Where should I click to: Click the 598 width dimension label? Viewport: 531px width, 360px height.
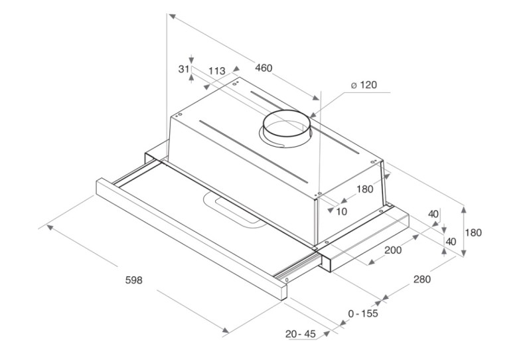click(134, 280)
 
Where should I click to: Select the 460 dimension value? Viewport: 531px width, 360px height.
click(264, 68)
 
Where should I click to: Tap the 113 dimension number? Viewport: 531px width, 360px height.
click(217, 71)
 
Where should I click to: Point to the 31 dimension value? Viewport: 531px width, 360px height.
click(184, 69)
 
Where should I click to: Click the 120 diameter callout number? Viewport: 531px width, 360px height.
click(368, 85)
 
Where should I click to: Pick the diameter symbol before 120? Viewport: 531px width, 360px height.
click(354, 85)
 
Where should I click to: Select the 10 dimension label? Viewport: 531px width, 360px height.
click(342, 211)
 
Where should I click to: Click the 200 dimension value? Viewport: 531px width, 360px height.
click(393, 250)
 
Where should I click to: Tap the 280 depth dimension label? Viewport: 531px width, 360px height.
click(422, 280)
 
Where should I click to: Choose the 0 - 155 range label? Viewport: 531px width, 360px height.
click(363, 314)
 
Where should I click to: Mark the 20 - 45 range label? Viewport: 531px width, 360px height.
click(301, 334)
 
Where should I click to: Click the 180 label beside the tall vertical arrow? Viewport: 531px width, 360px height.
click(473, 232)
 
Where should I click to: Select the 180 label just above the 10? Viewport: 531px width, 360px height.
click(364, 189)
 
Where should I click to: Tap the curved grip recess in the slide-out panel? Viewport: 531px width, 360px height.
click(234, 209)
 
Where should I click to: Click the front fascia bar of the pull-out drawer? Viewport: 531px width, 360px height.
click(191, 238)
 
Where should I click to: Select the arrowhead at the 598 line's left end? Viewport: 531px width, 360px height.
click(50, 226)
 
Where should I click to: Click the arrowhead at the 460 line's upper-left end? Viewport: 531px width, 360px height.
click(172, 17)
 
